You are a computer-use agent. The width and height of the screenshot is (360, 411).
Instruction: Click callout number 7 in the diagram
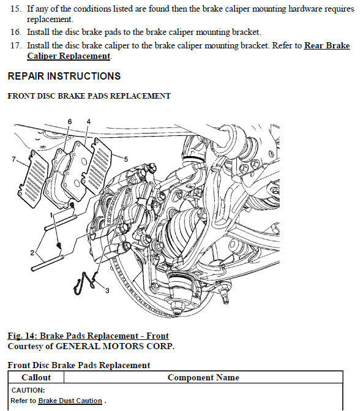click(14, 159)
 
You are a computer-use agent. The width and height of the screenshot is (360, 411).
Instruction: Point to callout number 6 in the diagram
click(69, 122)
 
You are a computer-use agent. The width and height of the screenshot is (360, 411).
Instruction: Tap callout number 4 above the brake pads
click(89, 122)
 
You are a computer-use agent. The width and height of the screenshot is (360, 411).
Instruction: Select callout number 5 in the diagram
click(126, 159)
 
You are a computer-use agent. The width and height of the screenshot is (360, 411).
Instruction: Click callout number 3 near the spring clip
click(107, 290)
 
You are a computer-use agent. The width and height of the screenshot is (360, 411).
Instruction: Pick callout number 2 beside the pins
click(32, 253)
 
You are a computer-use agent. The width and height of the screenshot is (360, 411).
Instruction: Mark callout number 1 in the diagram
click(51, 216)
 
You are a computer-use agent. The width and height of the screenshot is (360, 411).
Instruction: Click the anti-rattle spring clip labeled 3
click(84, 283)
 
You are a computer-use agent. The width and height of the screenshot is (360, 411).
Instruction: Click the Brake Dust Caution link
click(70, 401)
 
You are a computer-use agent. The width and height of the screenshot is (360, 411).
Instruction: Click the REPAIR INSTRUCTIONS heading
click(64, 76)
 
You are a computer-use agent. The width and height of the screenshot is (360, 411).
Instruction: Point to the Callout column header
click(36, 377)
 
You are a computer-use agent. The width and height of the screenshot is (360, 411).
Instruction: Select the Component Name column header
click(203, 377)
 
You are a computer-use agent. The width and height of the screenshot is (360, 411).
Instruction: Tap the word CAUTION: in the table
click(28, 390)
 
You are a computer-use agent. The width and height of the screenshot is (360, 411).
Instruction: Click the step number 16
click(16, 32)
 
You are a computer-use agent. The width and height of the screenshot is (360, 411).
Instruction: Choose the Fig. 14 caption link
click(88, 336)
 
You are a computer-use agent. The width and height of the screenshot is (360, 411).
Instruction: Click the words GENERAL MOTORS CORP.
click(115, 346)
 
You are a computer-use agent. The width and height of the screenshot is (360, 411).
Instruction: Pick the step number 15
click(16, 9)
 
